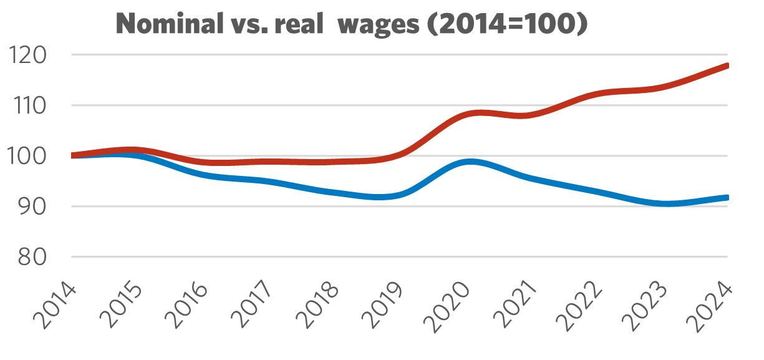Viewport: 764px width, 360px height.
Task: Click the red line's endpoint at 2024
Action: pyautogui.click(x=727, y=65)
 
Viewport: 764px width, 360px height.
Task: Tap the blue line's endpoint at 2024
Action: pyautogui.click(x=727, y=197)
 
